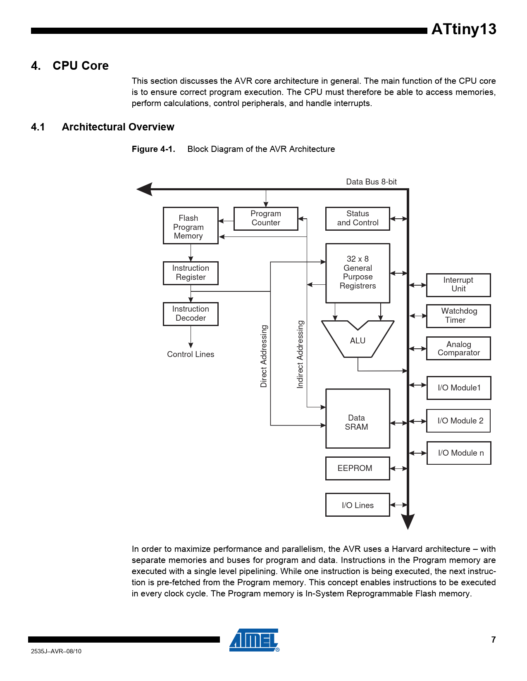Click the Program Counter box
pyautogui.click(x=266, y=218)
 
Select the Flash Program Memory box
pyautogui.click(x=191, y=226)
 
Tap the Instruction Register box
pyautogui.click(x=191, y=273)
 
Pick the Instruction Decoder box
pyautogui.click(x=191, y=314)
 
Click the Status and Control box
pyautogui.click(x=358, y=218)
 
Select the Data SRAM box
pyautogui.click(x=358, y=419)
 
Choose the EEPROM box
pyautogui.click(x=358, y=468)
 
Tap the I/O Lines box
pyautogui.click(x=358, y=505)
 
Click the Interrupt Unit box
pyautogui.click(x=458, y=285)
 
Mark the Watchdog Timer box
pyautogui.click(x=458, y=316)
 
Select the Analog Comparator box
pyautogui.click(x=458, y=348)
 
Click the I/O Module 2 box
pyautogui.click(x=458, y=421)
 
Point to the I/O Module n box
pyautogui.click(x=459, y=453)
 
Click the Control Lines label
pyautogui.click(x=191, y=354)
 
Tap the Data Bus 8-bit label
pyautogui.click(x=371, y=182)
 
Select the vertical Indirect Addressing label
pyautogui.click(x=300, y=354)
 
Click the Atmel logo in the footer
pyautogui.click(x=254, y=640)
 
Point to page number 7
pyautogui.click(x=493, y=640)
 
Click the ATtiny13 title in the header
pyautogui.click(x=464, y=29)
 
